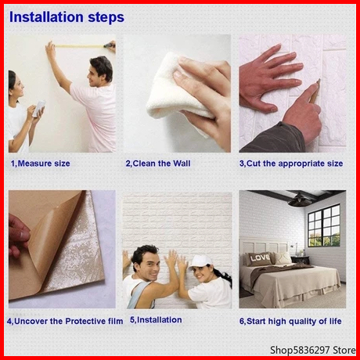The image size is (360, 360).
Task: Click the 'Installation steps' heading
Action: [x=67, y=17]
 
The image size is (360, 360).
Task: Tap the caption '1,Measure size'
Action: [x=41, y=164]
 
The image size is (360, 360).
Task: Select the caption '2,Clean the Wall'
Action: [x=158, y=164]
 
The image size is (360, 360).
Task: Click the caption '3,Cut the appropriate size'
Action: [x=291, y=164]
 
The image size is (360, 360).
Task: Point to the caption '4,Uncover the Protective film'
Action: [x=65, y=321]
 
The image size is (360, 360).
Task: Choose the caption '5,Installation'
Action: [x=156, y=320]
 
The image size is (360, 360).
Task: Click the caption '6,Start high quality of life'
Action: [x=290, y=321]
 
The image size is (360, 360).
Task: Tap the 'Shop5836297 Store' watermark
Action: [x=313, y=350]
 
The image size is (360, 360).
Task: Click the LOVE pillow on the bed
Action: [x=259, y=258]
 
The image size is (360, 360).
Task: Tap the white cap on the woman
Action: [x=200, y=262]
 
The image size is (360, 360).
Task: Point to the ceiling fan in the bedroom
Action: [x=300, y=200]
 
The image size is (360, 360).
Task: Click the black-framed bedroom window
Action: [x=324, y=225]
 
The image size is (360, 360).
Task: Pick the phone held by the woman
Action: [x=39, y=108]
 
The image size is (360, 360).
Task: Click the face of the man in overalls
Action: [x=147, y=264]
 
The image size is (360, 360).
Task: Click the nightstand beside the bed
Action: [x=300, y=260]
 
